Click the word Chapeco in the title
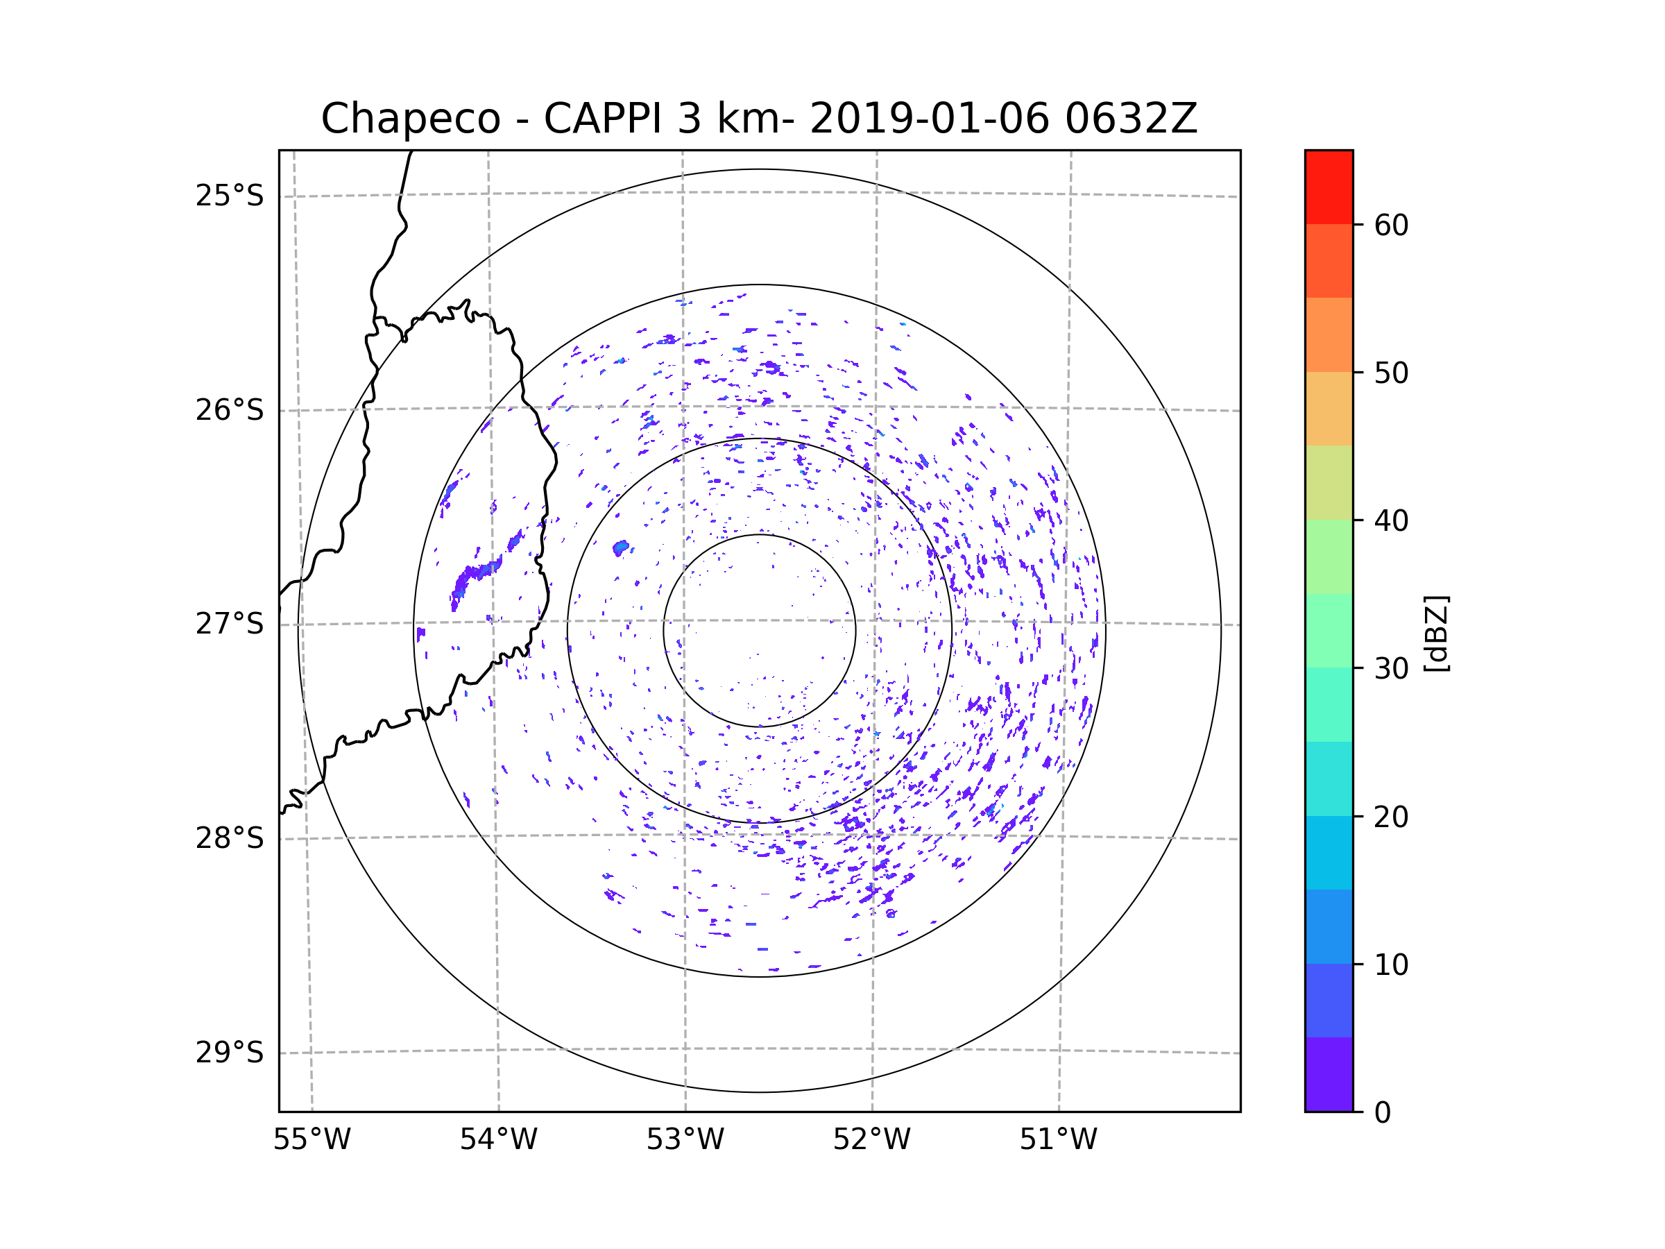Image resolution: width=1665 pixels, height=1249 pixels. [410, 119]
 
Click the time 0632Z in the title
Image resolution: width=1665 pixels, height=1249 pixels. [1131, 119]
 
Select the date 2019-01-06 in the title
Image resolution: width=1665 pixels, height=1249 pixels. [929, 119]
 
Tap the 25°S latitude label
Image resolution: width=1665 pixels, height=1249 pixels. [230, 196]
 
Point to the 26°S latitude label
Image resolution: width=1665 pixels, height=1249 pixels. [230, 410]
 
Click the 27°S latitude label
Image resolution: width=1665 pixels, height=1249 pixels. [230, 623]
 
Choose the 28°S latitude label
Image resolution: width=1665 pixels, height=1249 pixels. [230, 838]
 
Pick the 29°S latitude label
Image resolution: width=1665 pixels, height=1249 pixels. [230, 1053]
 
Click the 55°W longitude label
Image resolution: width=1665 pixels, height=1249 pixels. [311, 1140]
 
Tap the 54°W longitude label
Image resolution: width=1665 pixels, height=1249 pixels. [498, 1140]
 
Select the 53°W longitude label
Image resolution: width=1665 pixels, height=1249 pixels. [685, 1140]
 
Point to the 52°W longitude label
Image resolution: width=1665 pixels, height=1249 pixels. [871, 1140]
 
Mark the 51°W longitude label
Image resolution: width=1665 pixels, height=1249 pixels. [1058, 1140]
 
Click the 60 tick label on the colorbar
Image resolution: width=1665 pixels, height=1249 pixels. [1391, 225]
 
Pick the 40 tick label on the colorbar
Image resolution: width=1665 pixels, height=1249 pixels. [1391, 521]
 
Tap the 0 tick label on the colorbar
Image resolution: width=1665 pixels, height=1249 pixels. [1383, 1113]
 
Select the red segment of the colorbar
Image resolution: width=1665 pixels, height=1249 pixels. [1329, 187]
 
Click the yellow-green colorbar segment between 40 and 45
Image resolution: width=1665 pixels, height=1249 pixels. [1329, 482]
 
